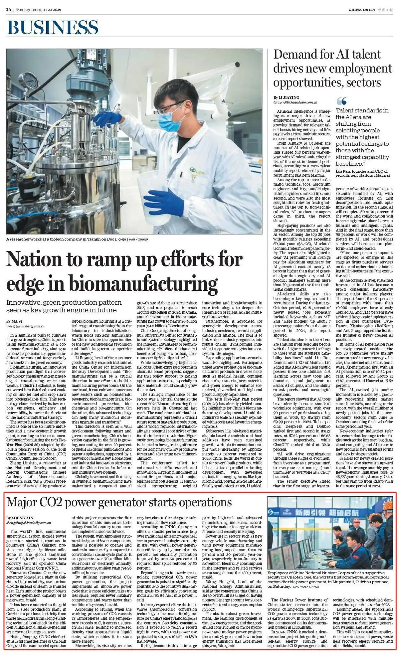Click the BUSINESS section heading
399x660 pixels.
(x=53, y=27)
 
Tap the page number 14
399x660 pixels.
(x=9, y=10)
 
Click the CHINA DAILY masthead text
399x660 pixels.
(x=362, y=10)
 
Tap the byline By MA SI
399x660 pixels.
(x=13, y=321)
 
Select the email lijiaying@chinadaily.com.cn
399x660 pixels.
(x=295, y=102)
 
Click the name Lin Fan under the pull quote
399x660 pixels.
(x=342, y=171)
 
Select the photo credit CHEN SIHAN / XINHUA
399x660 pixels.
(x=133, y=239)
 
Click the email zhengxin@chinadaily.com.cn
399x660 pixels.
(x=29, y=523)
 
